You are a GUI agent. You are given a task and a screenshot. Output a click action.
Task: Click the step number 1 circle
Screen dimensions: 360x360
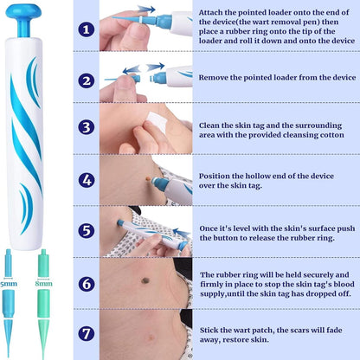click(86, 29)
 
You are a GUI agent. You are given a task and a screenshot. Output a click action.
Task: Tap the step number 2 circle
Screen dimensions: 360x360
click(86, 79)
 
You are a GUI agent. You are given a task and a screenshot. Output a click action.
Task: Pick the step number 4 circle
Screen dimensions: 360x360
click(86, 180)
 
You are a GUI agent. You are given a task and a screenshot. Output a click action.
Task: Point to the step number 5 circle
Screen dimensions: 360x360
click(86, 232)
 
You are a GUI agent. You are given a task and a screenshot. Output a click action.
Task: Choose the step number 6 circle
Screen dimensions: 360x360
click(86, 283)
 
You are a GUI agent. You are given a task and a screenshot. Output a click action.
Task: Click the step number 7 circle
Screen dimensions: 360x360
click(86, 333)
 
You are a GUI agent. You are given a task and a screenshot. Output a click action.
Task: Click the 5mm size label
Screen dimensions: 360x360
click(8, 281)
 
